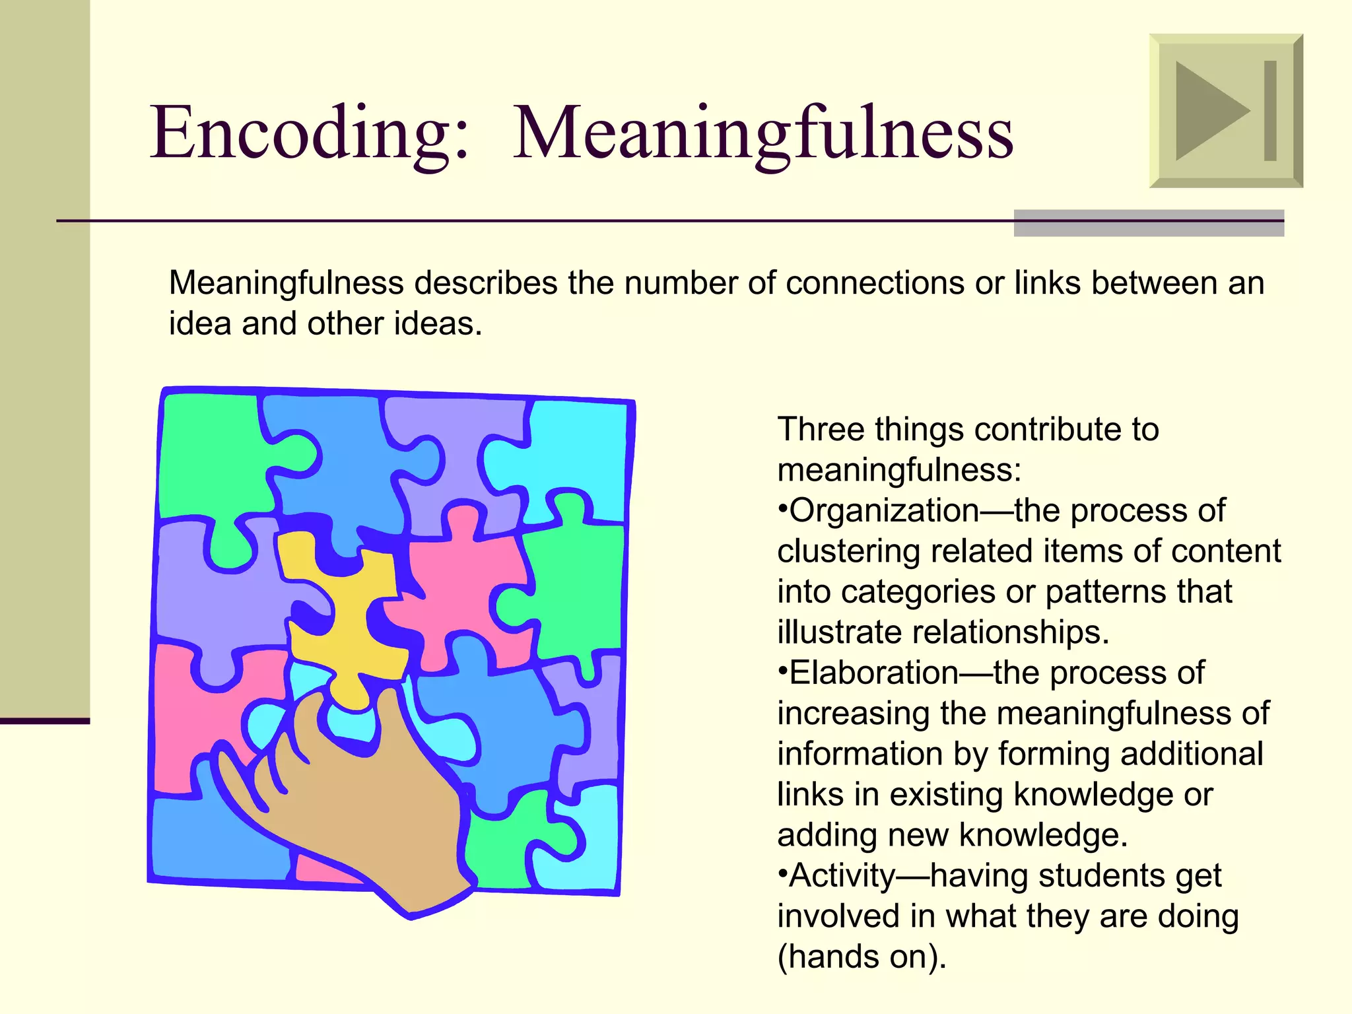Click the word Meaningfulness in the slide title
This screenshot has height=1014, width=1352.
pyautogui.click(x=762, y=133)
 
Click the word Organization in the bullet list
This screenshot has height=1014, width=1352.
pyautogui.click(x=885, y=510)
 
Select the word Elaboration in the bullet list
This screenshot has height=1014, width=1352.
pyautogui.click(x=874, y=673)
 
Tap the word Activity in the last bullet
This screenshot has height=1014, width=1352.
pyautogui.click(x=842, y=876)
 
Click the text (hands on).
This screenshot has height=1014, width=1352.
pyautogui.click(x=862, y=957)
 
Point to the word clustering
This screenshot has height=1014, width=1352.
pyautogui.click(x=849, y=551)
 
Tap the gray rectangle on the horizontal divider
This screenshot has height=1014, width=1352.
pyautogui.click(x=1149, y=223)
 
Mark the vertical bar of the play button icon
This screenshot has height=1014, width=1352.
pyautogui.click(x=1270, y=111)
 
